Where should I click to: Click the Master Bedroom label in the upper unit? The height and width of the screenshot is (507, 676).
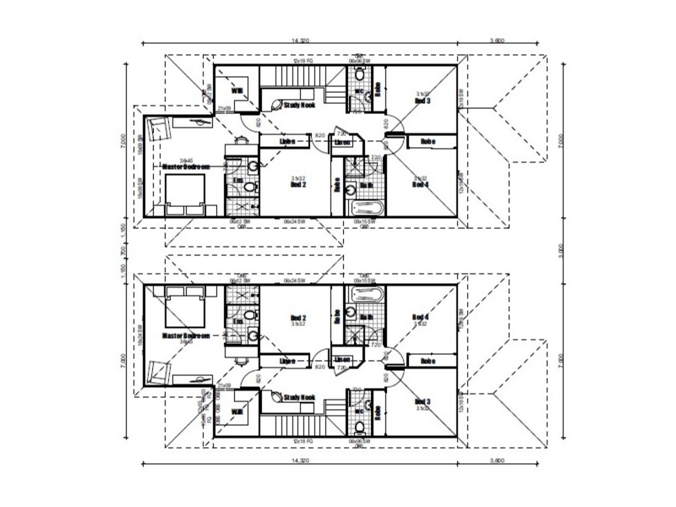coord(184,167)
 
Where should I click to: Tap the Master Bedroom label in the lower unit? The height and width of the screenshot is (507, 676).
coord(184,335)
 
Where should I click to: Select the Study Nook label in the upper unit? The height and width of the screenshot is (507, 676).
coord(298,106)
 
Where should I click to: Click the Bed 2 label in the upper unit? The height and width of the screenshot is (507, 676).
coord(297,183)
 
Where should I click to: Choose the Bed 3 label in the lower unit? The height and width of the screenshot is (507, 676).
coord(420,403)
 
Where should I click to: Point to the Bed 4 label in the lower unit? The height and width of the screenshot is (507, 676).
coord(420,318)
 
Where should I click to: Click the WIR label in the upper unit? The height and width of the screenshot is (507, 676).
coord(237,91)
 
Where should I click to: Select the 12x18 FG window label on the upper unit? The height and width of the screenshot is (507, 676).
coord(298,63)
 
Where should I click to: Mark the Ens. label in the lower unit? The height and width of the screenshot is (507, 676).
coord(238,322)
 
